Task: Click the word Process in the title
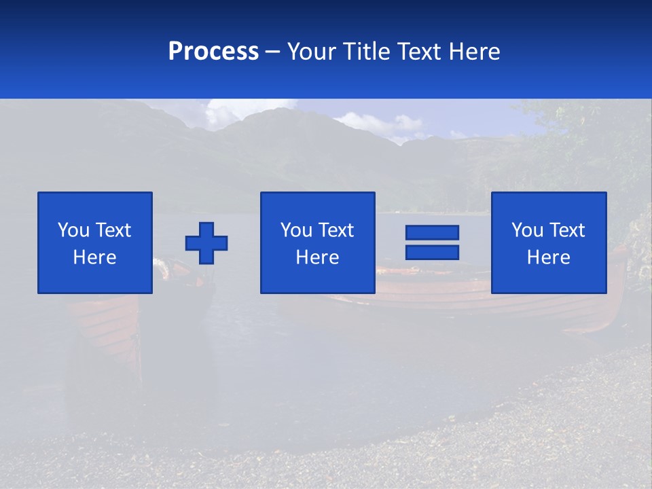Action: pyautogui.click(x=213, y=52)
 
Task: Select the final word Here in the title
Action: pyautogui.click(x=475, y=52)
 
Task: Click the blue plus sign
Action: pyautogui.click(x=206, y=243)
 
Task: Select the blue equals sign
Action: pyautogui.click(x=432, y=242)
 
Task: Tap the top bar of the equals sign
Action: pyautogui.click(x=432, y=233)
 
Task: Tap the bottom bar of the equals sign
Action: pyautogui.click(x=432, y=252)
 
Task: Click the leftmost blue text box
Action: pyautogui.click(x=95, y=243)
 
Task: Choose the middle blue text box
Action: pyautogui.click(x=317, y=243)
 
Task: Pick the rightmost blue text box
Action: pyautogui.click(x=549, y=243)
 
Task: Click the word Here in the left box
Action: pyautogui.click(x=95, y=257)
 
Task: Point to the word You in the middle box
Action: pyautogui.click(x=296, y=230)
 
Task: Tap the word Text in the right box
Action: pyautogui.click(x=567, y=230)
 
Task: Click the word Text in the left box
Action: pyautogui.click(x=113, y=230)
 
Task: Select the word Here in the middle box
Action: pyautogui.click(x=317, y=257)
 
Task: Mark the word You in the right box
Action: pyautogui.click(x=527, y=230)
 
